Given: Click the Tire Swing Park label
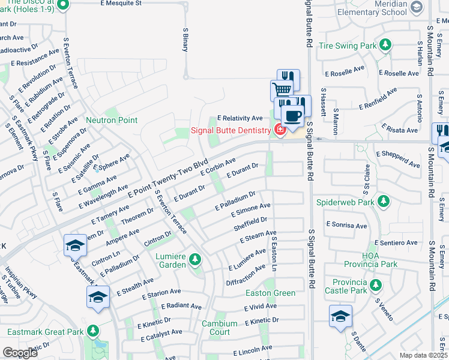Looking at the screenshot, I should pyautogui.click(x=347, y=46).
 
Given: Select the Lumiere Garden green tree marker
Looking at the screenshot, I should pyautogui.click(x=194, y=260).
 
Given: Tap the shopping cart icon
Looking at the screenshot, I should pyautogui.click(x=280, y=90).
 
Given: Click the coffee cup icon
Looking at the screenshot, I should pyautogui.click(x=292, y=115).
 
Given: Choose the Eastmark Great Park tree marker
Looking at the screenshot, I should pyautogui.click(x=92, y=331).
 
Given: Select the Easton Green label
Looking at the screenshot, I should pyautogui.click(x=270, y=293).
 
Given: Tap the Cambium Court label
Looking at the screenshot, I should pyautogui.click(x=215, y=328).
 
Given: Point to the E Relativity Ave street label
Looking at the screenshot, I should pyautogui.click(x=240, y=118).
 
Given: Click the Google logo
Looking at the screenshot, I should pyautogui.click(x=20, y=352).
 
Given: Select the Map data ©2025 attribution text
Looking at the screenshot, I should pyautogui.click(x=423, y=355).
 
